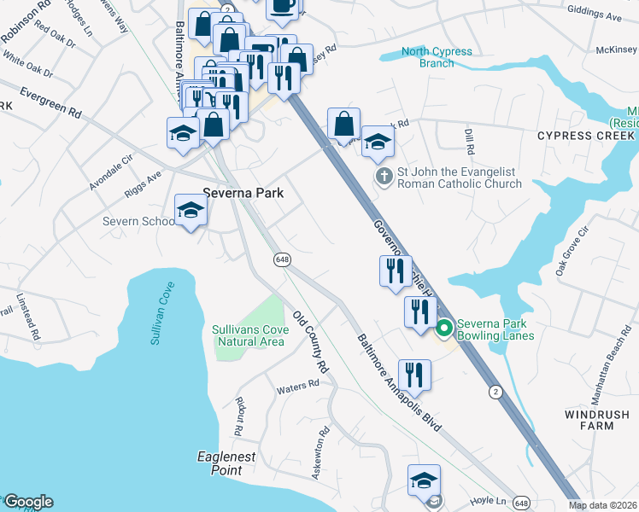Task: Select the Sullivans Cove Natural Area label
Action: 248,335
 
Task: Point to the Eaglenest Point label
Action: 226,463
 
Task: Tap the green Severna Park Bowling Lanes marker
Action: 444,328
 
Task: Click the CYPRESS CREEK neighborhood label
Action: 587,136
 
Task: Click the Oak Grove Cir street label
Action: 572,251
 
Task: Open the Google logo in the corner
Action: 28,502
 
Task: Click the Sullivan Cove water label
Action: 163,312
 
